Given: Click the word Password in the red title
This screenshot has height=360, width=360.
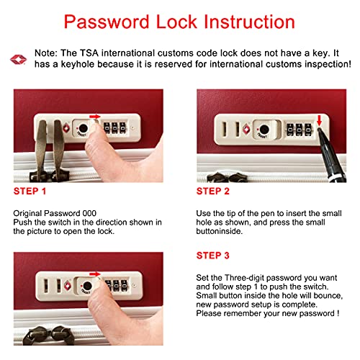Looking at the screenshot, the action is (107, 22).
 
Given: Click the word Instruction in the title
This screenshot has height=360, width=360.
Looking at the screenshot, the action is (249, 22).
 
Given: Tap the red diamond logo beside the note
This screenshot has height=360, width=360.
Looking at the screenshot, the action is (18, 60).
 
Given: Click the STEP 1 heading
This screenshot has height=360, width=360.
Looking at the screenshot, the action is (30, 192).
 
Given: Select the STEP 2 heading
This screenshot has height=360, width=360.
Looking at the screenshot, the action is (213, 192).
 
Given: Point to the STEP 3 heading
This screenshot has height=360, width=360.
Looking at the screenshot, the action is (213, 256).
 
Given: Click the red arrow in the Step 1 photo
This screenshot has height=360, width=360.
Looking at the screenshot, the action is (95, 117).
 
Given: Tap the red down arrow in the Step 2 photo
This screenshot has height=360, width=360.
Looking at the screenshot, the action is (319, 120).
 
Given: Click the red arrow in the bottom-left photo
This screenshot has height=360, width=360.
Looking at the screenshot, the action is (95, 274).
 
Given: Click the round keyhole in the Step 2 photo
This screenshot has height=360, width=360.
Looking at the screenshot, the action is (264, 130).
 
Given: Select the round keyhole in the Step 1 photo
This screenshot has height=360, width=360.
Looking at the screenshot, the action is (84, 128).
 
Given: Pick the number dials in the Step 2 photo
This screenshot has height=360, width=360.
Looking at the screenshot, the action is (299, 130).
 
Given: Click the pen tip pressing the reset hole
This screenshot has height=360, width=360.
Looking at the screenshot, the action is (320, 130).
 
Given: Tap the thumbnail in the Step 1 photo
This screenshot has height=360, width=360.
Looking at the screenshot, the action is (95, 125).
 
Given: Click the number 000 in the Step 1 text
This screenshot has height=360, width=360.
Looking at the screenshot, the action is (89, 213).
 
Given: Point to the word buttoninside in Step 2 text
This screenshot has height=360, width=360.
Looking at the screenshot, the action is (220, 231).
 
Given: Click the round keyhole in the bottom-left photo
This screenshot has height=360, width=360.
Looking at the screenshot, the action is (87, 286).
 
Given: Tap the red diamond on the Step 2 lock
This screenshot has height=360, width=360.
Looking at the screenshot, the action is (246, 129).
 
